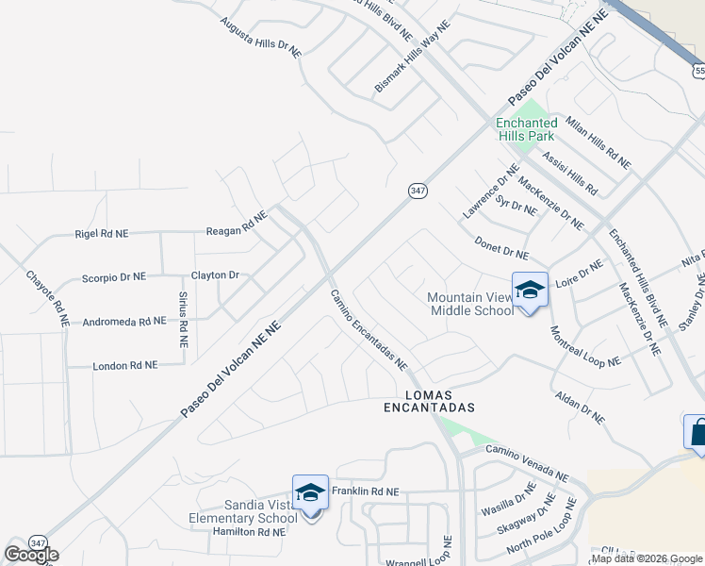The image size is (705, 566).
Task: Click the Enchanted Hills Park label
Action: tap(526, 129)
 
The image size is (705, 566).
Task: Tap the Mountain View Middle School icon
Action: tap(530, 289)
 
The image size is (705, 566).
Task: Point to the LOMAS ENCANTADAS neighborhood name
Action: tap(428, 401)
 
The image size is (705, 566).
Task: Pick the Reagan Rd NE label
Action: tap(238, 223)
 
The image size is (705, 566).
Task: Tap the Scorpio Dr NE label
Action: tap(113, 277)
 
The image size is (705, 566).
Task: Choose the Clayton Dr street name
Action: tap(216, 275)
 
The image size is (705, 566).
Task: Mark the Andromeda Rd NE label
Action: tap(124, 322)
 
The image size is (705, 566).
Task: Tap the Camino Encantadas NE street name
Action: tap(369, 329)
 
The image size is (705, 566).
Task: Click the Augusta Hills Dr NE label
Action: tap(260, 37)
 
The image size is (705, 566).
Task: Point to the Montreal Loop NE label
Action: tap(585, 347)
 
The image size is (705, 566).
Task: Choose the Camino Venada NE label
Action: tap(528, 464)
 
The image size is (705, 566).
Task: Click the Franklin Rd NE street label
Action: tap(366, 491)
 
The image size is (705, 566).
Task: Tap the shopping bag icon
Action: tap(695, 433)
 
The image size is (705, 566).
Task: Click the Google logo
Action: tap(31, 555)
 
